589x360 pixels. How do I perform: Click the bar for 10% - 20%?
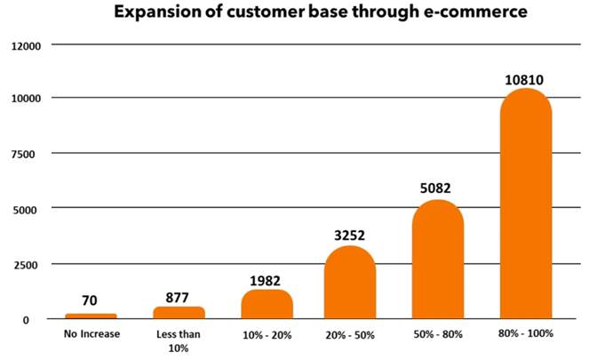[x=267, y=304]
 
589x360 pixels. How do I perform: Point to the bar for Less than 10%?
[x=179, y=312]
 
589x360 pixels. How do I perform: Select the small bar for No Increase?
[x=91, y=315]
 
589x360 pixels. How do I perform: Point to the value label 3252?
[x=349, y=236]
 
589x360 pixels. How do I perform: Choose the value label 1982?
[x=267, y=281]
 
